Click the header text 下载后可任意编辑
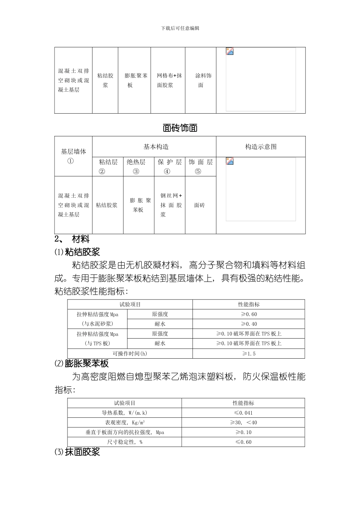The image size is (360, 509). pyautogui.click(x=180, y=28)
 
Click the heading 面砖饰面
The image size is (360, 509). pyautogui.click(x=180, y=128)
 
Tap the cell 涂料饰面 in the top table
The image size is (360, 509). pyautogui.click(x=200, y=80)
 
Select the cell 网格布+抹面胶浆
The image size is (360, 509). pyautogui.click(x=169, y=80)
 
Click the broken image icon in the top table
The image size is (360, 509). pyautogui.click(x=230, y=52)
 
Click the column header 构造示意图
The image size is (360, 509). pyautogui.click(x=261, y=147)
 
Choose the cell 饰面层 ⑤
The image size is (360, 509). pyautogui.click(x=200, y=167)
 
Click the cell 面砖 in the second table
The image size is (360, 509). pyautogui.click(x=199, y=205)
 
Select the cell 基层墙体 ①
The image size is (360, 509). pyautogui.click(x=74, y=156)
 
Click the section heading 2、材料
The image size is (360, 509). pyautogui.click(x=72, y=239)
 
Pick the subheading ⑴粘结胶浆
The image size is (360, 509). pyautogui.click(x=77, y=251)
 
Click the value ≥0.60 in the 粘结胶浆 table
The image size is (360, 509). pyautogui.click(x=249, y=314)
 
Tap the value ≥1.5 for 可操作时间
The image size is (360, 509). pyautogui.click(x=249, y=353)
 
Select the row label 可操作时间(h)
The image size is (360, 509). pyautogui.click(x=130, y=353)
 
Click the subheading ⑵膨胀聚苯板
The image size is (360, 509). pyautogui.click(x=82, y=364)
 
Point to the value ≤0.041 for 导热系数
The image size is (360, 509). pyautogui.click(x=243, y=413)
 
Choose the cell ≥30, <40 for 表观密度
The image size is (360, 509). pyautogui.click(x=243, y=422)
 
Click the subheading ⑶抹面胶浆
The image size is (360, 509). pyautogui.click(x=77, y=452)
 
